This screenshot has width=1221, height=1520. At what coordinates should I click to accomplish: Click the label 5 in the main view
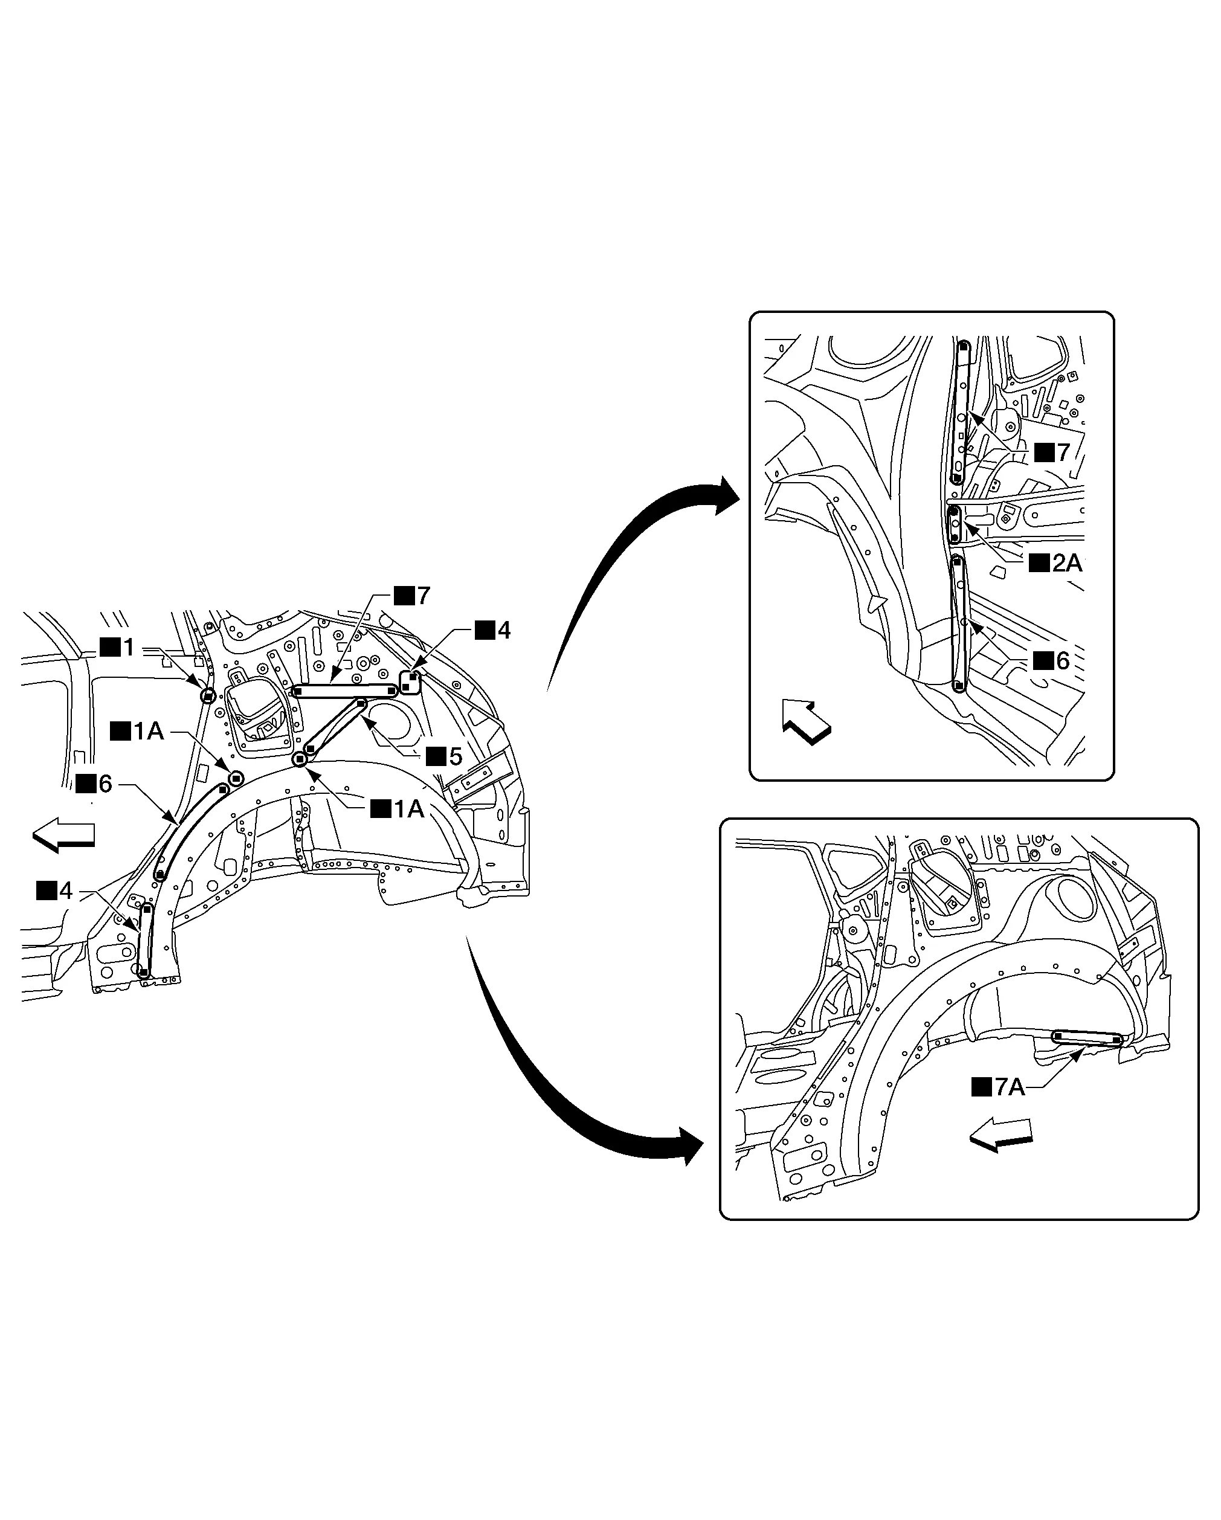pos(445,757)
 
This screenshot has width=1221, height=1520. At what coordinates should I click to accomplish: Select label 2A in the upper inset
pos(1056,562)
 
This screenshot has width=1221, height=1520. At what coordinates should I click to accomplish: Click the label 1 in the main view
pos(118,647)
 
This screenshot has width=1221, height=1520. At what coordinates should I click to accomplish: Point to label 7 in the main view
pos(413,596)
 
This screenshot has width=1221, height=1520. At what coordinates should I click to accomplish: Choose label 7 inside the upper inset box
pos(1052,452)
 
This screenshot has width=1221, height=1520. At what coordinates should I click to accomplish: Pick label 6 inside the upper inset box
pos(1052,660)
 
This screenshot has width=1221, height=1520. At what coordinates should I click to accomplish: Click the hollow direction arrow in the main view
pos(63,835)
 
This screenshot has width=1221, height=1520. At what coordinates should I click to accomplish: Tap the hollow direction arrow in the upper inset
pos(806,721)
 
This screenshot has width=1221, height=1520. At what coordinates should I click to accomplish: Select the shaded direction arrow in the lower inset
pos(1000,1135)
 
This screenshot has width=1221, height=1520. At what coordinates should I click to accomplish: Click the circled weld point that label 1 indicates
pos(208,697)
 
